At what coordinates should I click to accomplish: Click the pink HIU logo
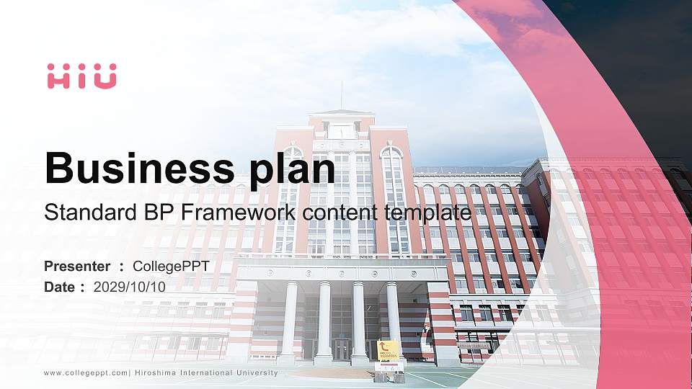pyautogui.click(x=81, y=76)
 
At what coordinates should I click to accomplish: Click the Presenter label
pyautogui.click(x=77, y=267)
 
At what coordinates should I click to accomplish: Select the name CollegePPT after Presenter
pyautogui.click(x=171, y=267)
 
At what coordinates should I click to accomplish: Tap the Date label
pyautogui.click(x=60, y=287)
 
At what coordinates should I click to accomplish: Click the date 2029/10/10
pyautogui.click(x=130, y=287)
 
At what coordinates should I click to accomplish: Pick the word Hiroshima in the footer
pyautogui.click(x=160, y=373)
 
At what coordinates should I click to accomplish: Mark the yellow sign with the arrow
pyautogui.click(x=389, y=349)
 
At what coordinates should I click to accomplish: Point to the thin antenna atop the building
pyautogui.click(x=342, y=95)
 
